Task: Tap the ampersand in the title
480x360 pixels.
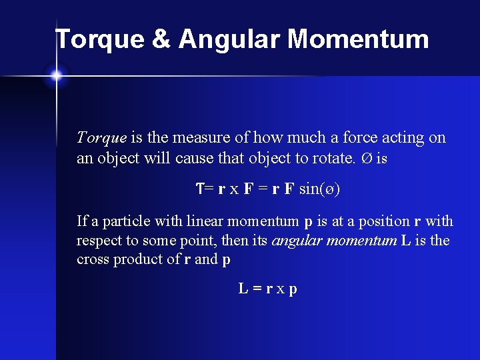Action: pos(162,40)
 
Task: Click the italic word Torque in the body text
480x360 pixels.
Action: pos(101,138)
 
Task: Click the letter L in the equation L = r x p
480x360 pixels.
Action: pos(244,289)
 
